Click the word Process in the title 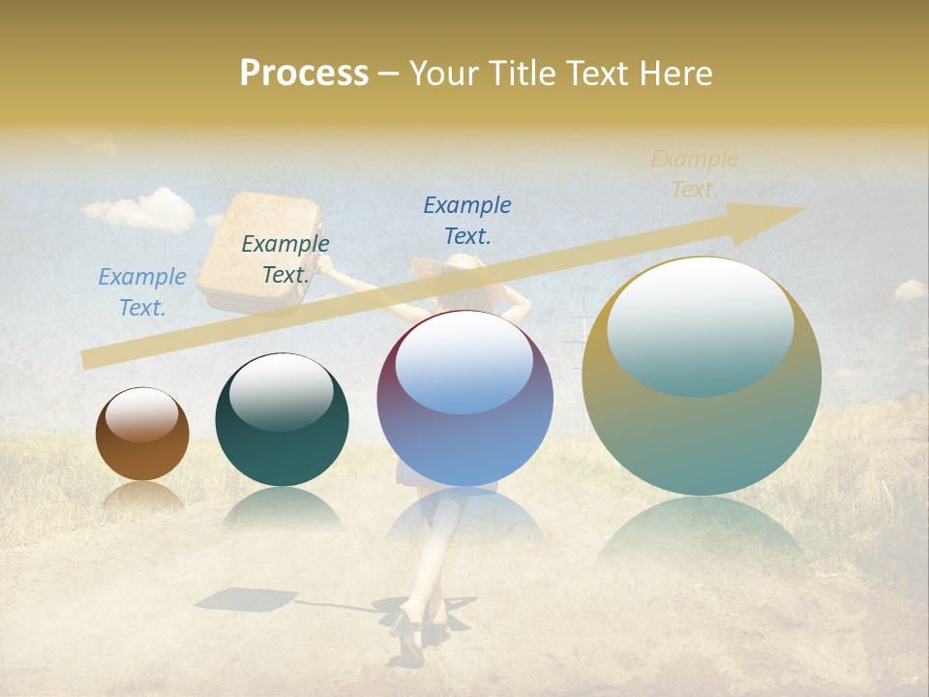pyautogui.click(x=304, y=73)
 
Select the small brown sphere pyautogui.click(x=142, y=434)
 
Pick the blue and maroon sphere pyautogui.click(x=465, y=398)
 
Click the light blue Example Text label pyautogui.click(x=142, y=292)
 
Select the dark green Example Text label pyautogui.click(x=285, y=259)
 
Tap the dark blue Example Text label pyautogui.click(x=467, y=220)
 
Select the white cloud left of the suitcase pyautogui.click(x=140, y=209)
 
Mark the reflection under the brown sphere pyautogui.click(x=142, y=496)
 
